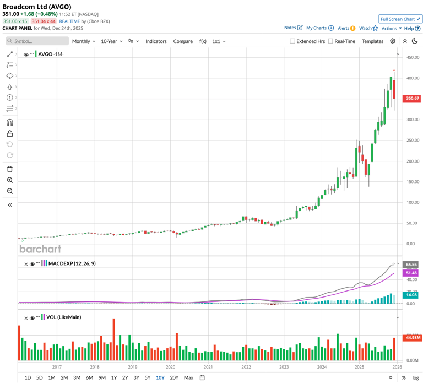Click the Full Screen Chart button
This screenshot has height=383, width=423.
coord(400,19)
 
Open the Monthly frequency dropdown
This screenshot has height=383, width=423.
coord(83,41)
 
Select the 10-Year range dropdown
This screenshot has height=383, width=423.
coord(111,41)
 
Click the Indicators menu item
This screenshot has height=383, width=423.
coord(156,41)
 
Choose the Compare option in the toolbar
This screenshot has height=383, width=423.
coord(183,41)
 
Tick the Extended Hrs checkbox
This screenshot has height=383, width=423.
coord(292,41)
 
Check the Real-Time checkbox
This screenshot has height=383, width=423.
coord(330,41)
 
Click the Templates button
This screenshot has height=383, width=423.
coord(372,41)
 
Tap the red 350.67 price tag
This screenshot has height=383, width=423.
coord(412,98)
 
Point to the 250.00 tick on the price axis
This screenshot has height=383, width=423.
coord(411,140)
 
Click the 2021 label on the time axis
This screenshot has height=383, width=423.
coord(208,366)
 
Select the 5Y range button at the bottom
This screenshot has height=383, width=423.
coord(148,377)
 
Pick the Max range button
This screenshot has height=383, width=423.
coord(188,377)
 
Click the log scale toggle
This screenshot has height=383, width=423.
coord(415,377)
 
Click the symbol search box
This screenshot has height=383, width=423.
coord(37,41)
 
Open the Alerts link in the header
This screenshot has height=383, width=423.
coord(346,28)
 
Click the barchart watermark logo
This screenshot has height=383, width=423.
coord(40,249)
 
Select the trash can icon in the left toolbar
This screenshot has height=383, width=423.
coord(10,169)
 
